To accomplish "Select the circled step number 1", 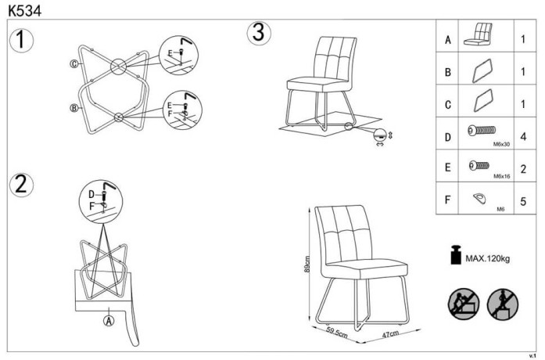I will coord(22,40).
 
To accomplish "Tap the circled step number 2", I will coord(22,185).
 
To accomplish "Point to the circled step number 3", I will coord(259,33).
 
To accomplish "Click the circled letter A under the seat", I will coord(109,319).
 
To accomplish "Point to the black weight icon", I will coord(453,257).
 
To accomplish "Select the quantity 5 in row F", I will coord(522,200).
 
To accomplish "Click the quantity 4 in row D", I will coord(522,137).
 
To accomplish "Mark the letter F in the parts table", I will coord(448,200).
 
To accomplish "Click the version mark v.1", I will coord(534,355).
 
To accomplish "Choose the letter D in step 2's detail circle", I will coord(91,193).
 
